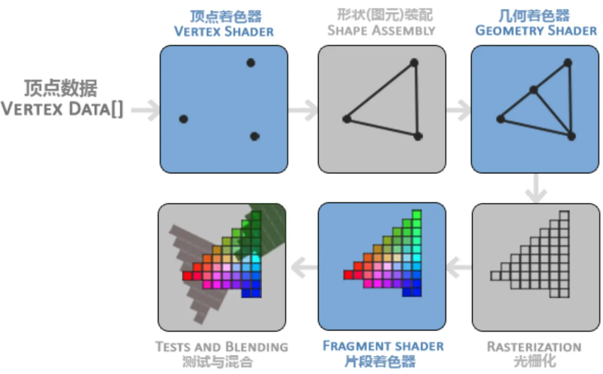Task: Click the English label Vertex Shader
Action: [224, 32]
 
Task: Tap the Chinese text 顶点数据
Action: [61, 88]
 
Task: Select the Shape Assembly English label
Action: [381, 31]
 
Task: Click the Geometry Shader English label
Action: [536, 31]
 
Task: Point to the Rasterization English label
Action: [534, 347]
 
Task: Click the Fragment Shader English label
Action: [383, 346]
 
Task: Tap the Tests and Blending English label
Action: [222, 347]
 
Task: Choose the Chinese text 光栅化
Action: [535, 361]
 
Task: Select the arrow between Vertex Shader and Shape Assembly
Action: [303, 110]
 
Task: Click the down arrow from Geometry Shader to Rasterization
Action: [536, 188]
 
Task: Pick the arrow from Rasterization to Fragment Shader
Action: [459, 268]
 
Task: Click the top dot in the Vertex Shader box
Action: [251, 63]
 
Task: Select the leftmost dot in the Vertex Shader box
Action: [183, 119]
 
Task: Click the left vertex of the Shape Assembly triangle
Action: [347, 119]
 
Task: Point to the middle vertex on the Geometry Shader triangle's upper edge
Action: [534, 90]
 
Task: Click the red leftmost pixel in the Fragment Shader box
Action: [348, 275]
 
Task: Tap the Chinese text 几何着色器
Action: [534, 16]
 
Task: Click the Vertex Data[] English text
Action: [62, 109]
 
